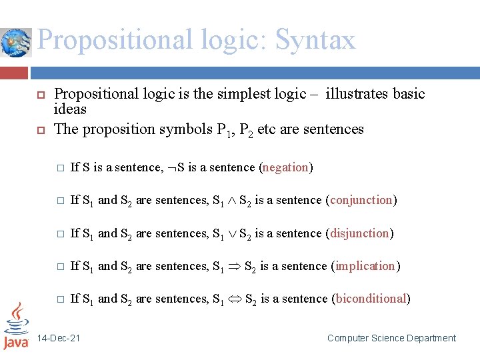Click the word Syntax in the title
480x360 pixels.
(315, 40)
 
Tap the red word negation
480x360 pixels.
(285, 168)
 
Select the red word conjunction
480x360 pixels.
(361, 200)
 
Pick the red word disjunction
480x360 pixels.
(360, 233)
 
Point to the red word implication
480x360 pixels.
(365, 266)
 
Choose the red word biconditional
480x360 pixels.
(371, 299)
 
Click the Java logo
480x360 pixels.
(16, 325)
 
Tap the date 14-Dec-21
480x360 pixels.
(59, 339)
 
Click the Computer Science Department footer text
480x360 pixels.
(391, 339)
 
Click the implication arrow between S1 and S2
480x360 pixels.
(234, 267)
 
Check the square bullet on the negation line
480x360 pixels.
(59, 168)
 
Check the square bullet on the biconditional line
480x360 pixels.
(59, 299)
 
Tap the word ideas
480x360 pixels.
(70, 109)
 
